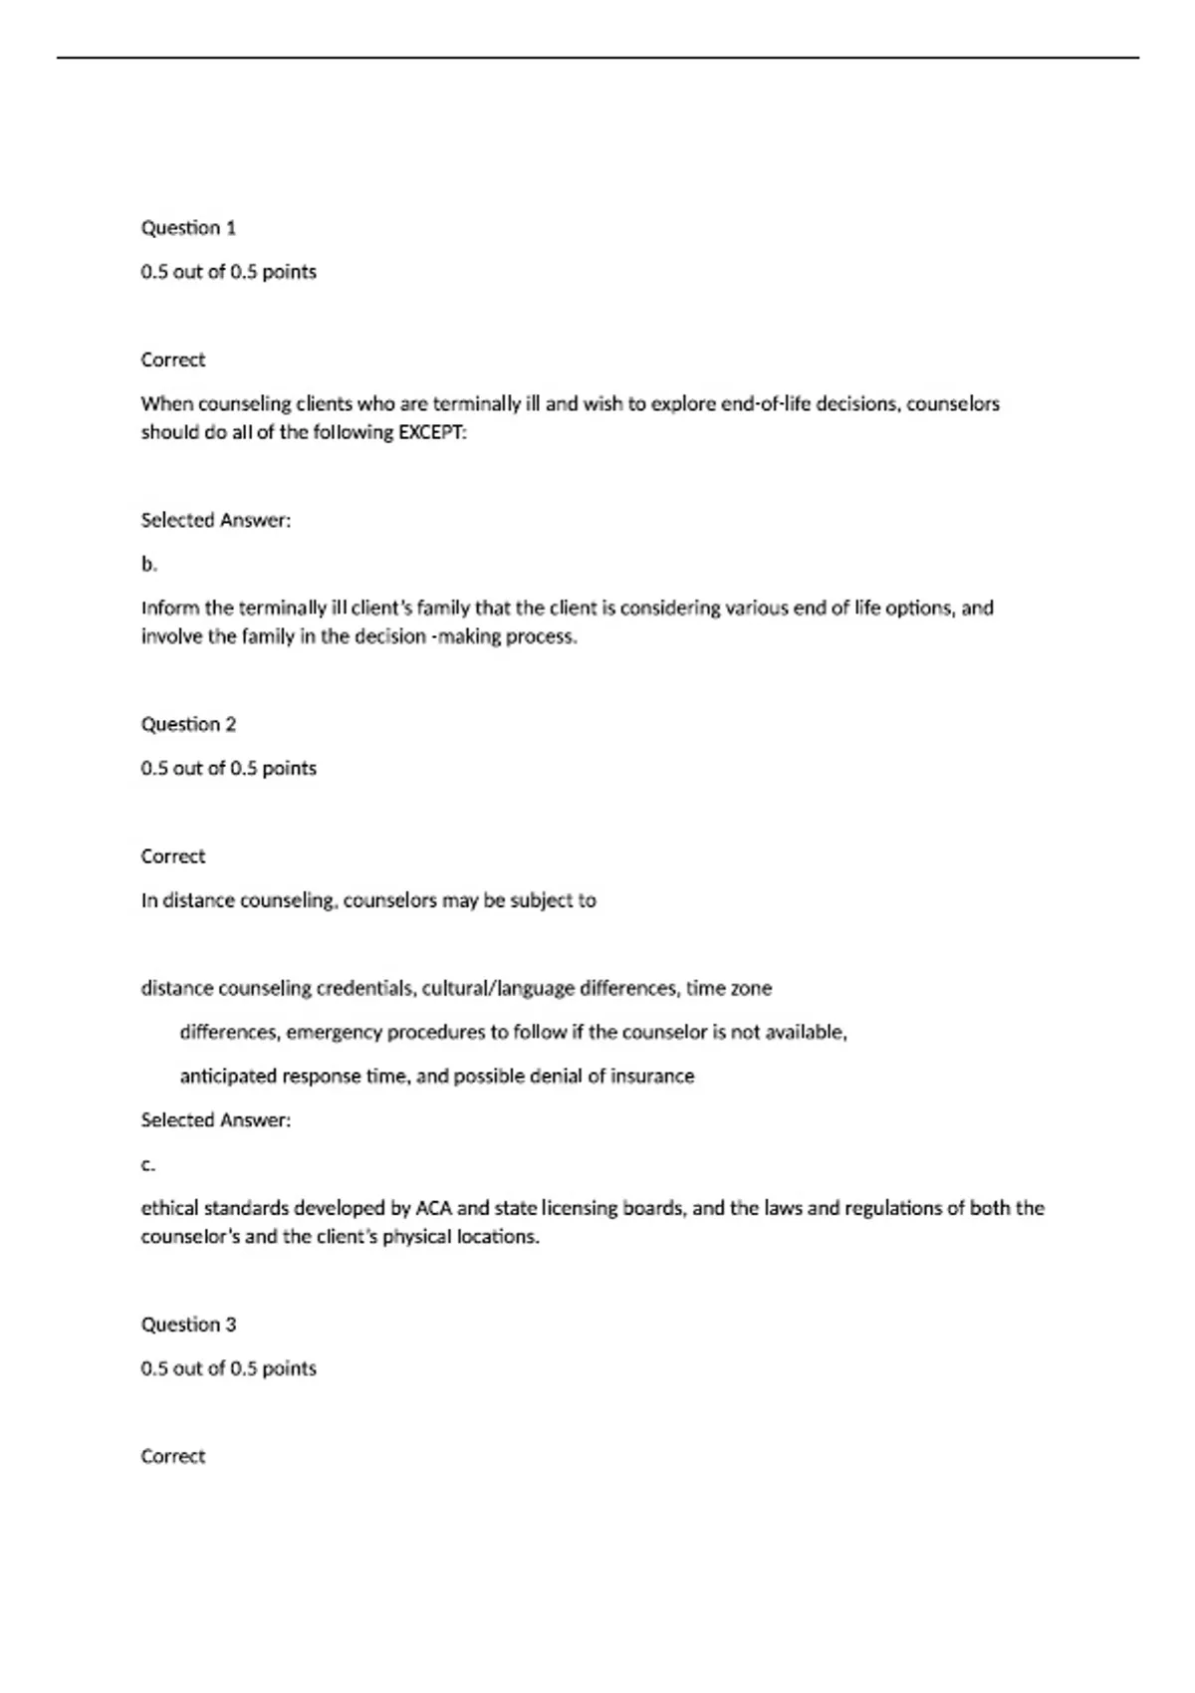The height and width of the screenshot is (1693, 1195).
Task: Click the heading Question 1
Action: coord(188,228)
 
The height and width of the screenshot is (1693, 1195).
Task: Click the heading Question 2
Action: coord(188,724)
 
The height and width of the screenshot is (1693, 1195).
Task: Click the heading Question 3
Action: coord(188,1325)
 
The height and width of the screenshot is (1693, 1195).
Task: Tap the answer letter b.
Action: coord(148,565)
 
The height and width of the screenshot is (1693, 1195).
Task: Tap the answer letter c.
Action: coord(148,1164)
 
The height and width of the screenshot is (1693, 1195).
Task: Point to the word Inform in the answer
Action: coord(170,608)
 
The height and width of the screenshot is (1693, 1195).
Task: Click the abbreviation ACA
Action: coord(433,1208)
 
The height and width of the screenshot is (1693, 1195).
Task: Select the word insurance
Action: coord(652,1077)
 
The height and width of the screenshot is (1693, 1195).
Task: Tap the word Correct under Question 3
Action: coord(173,1456)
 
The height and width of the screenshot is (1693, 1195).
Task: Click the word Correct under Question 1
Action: coord(173,360)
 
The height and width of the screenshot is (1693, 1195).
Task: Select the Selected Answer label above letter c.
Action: coord(215,1120)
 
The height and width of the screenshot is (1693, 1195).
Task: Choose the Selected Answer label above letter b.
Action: coord(215,520)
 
